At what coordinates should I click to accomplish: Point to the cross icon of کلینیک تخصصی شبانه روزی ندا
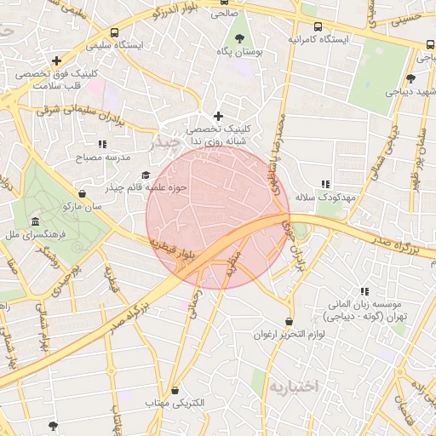point(218,116)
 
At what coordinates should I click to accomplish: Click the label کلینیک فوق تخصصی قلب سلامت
point(56,79)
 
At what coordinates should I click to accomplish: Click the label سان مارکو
point(82,206)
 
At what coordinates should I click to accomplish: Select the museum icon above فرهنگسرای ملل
point(35,220)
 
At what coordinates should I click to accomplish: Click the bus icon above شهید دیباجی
point(411,77)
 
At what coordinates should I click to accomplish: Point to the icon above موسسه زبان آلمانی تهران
point(365,291)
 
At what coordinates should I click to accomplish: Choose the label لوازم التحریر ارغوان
point(290,335)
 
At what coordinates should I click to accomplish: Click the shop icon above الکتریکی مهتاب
point(175,390)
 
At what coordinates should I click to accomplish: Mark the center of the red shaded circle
point(218,217)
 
